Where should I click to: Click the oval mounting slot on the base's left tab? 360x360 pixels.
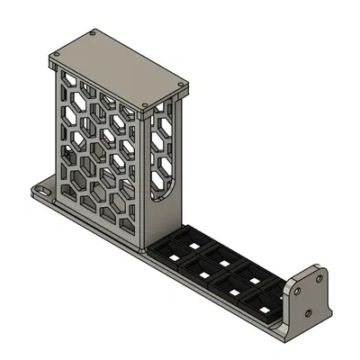tap(40, 192)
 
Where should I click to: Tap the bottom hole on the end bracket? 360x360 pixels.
tap(309, 313)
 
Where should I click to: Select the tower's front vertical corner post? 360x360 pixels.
tap(143, 180)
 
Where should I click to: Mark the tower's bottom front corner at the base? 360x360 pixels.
tap(143, 250)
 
